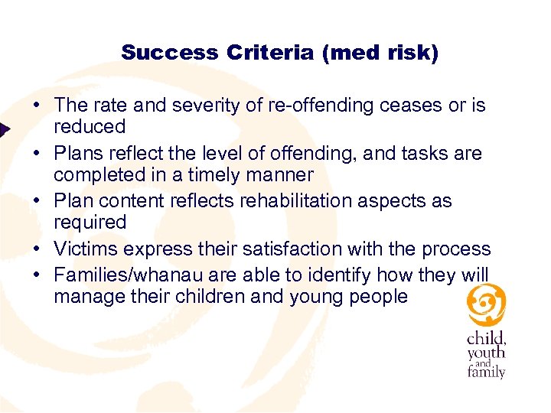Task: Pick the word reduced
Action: coord(90,126)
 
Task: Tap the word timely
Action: coord(209,174)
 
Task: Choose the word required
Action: coord(90,222)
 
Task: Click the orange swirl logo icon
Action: coord(486,305)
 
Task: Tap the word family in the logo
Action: coord(487,372)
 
